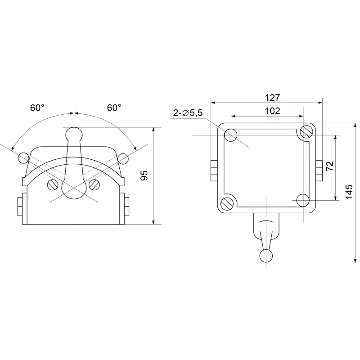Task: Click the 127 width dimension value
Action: (x=273, y=98)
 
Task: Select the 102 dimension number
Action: (x=273, y=111)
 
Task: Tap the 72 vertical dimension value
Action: (x=330, y=166)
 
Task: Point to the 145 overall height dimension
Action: (x=349, y=192)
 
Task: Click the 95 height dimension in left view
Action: (x=144, y=175)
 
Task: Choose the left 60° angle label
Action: (x=37, y=108)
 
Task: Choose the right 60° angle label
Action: (x=114, y=108)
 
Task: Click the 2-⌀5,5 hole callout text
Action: (x=188, y=113)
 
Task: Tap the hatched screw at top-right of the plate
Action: (x=306, y=132)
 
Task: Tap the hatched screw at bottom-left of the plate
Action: (x=227, y=204)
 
